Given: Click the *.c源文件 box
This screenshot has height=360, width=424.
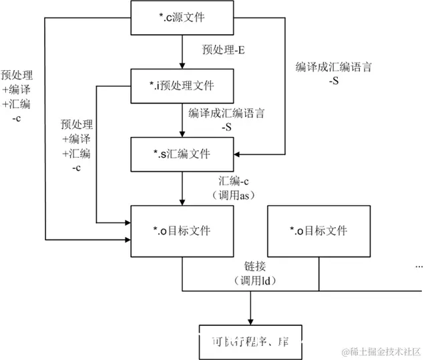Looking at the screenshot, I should (182, 17).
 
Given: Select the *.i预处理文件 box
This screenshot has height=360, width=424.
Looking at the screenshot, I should (182, 86).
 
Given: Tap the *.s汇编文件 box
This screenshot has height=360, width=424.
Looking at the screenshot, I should (182, 154).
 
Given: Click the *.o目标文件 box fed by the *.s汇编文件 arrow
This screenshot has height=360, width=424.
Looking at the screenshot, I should (182, 231).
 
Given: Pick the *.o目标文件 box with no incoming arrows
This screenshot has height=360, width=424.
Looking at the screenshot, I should (319, 231).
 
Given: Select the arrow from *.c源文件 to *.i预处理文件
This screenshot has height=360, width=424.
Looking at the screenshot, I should (182, 52).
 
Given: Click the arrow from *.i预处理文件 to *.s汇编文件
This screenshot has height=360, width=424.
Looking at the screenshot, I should (182, 120).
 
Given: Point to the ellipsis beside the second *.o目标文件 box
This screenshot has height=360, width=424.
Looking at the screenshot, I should (419, 266).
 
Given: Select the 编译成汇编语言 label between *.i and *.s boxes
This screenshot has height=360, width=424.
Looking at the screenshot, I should (226, 114).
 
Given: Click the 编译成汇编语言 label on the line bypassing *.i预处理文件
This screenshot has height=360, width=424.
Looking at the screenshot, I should (333, 67).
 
